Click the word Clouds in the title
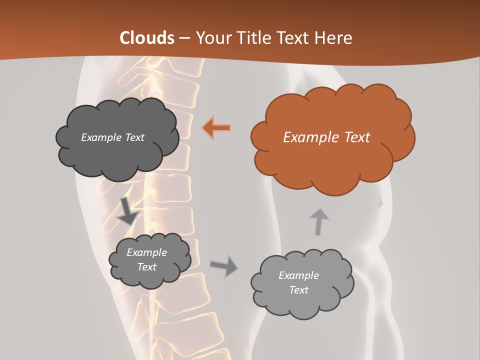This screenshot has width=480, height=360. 147,38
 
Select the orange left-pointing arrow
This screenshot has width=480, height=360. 217,127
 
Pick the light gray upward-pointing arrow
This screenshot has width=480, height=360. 318,221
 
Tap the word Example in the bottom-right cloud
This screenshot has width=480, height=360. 298,275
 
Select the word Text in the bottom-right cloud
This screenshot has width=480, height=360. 298,290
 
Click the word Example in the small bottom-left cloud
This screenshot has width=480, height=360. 146,252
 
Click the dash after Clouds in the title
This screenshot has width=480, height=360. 184,38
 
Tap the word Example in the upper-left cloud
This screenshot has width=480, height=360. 101,137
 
